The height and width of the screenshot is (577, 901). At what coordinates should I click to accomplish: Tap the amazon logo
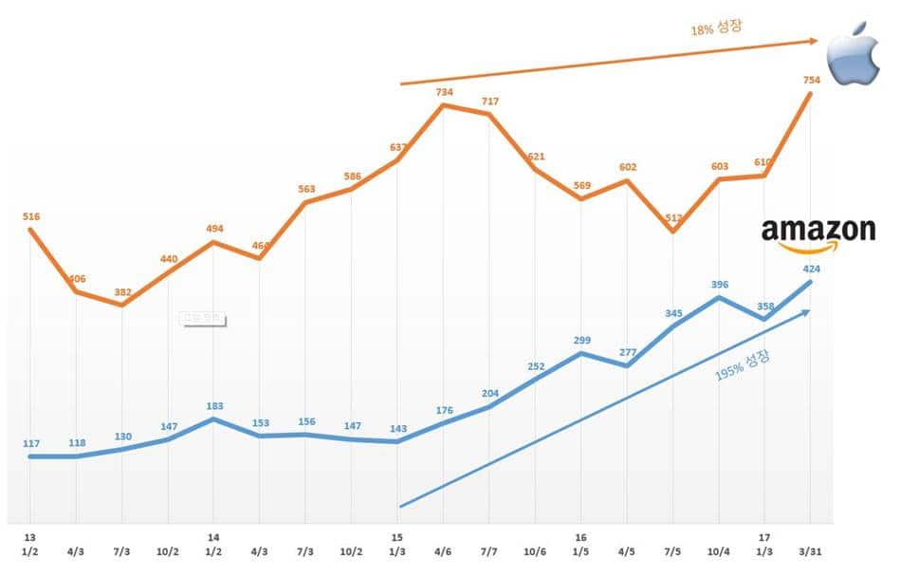click(x=818, y=233)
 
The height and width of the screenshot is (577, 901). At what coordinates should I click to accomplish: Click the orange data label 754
click(x=812, y=79)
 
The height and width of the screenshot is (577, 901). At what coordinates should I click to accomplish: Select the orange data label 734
click(x=444, y=92)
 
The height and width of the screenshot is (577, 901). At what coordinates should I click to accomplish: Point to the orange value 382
click(x=122, y=292)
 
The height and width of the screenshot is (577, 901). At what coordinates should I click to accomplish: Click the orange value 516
click(x=30, y=217)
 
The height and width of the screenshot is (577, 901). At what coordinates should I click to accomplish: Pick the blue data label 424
click(x=811, y=269)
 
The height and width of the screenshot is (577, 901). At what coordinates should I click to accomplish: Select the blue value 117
click(x=30, y=443)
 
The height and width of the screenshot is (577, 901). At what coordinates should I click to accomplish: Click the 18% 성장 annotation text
click(x=716, y=28)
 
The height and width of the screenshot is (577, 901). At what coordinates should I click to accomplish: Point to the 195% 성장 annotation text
click(x=743, y=366)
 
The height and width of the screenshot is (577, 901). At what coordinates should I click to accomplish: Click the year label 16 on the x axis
click(x=580, y=536)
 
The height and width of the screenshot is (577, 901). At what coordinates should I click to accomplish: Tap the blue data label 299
click(x=581, y=340)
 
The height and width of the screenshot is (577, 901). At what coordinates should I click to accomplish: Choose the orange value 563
click(x=305, y=189)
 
